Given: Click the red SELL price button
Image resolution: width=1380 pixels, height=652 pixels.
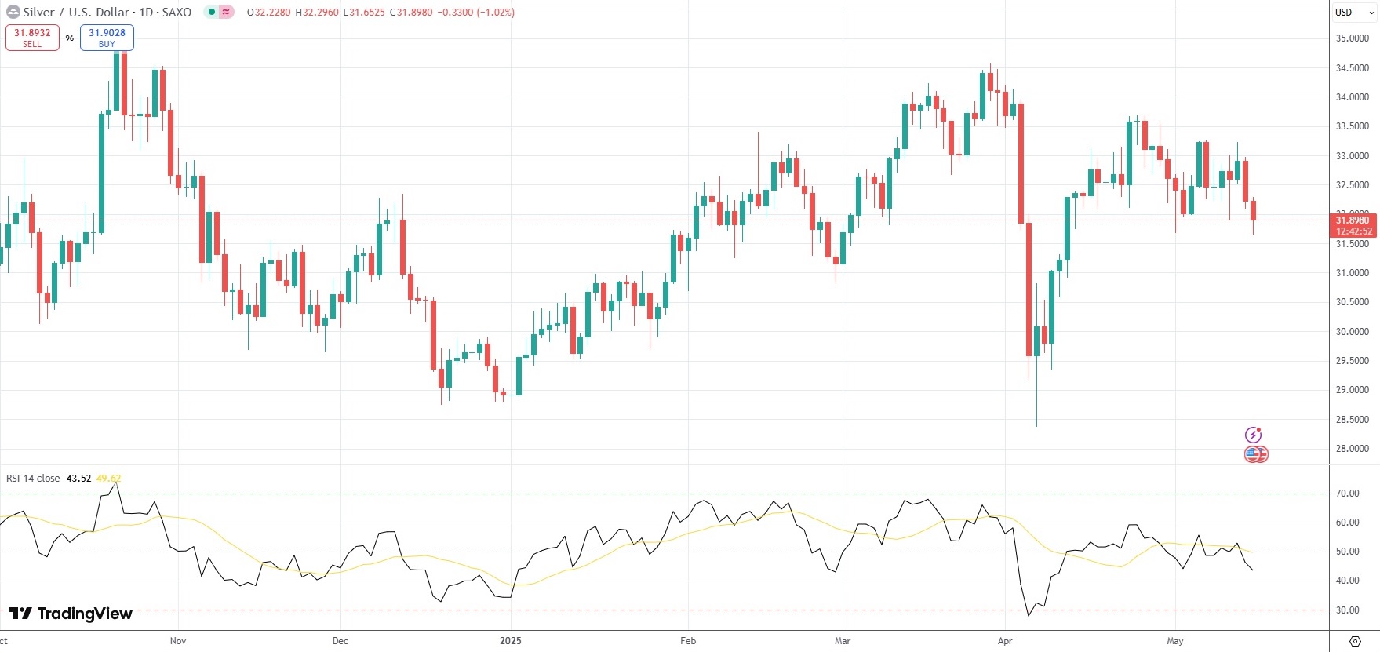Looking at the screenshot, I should [x=32, y=37].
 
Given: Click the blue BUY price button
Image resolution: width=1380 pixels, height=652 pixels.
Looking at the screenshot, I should [x=107, y=37].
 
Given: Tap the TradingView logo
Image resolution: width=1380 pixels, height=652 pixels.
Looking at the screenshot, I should [x=71, y=614].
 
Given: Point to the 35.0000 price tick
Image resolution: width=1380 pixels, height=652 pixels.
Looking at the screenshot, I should [x=1352, y=38].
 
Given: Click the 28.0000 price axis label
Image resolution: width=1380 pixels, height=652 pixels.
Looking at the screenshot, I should [x=1352, y=449].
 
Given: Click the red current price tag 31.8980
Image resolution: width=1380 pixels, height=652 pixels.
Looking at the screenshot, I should [x=1353, y=220].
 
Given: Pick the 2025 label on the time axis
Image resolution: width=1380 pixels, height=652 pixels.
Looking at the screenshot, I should [x=510, y=641].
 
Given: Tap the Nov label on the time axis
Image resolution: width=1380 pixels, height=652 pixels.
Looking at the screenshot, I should [x=178, y=641].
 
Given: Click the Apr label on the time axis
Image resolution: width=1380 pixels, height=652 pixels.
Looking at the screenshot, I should [x=1005, y=641].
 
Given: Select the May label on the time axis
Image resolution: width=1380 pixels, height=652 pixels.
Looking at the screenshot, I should [x=1174, y=641].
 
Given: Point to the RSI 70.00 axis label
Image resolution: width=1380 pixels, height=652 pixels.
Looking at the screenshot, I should [x=1347, y=494].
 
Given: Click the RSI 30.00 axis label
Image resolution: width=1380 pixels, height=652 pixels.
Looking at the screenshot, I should [x=1347, y=610].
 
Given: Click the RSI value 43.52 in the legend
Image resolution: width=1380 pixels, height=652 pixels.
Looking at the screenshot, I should [x=78, y=479].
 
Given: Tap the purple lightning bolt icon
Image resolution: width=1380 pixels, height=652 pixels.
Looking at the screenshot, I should [x=1254, y=435].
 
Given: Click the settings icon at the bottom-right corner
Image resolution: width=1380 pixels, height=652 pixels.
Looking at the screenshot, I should [x=1355, y=641].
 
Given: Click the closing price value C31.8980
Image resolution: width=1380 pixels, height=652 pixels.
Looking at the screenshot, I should [x=411, y=13].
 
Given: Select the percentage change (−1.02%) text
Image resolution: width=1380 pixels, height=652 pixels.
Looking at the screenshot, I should [x=495, y=13].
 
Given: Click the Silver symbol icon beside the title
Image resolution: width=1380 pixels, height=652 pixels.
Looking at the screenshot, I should [x=13, y=13].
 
